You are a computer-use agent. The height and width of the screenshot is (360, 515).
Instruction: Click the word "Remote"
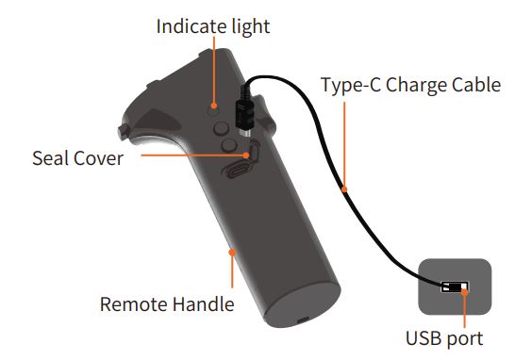(x=135, y=304)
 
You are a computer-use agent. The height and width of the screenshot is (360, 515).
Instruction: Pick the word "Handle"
(x=204, y=304)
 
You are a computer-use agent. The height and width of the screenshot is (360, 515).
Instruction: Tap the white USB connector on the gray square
(x=456, y=286)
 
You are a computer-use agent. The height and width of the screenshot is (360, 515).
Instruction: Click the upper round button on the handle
(x=221, y=124)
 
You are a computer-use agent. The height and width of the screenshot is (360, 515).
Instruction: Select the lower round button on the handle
(x=228, y=145)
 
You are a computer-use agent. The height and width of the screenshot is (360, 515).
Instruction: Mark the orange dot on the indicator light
(x=216, y=107)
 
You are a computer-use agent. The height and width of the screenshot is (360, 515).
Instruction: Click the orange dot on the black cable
(x=346, y=191)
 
